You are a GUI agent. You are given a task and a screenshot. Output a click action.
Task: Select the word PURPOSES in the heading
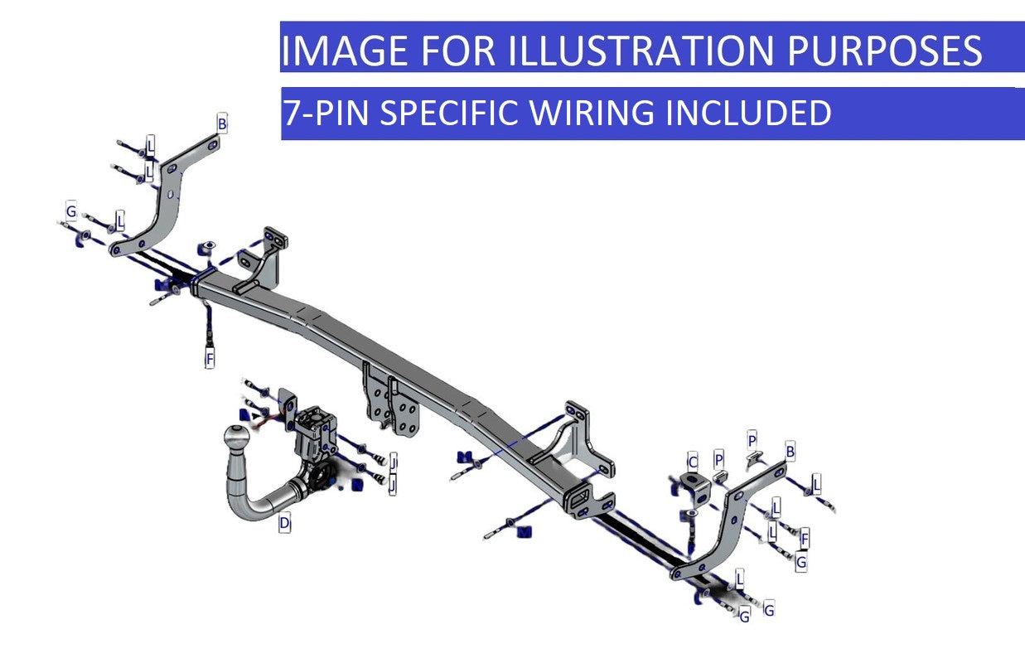pyautogui.click(x=884, y=51)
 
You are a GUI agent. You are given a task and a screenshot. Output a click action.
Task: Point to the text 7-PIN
pyautogui.click(x=325, y=113)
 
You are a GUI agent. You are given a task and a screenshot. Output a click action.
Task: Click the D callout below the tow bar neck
pyautogui.click(x=284, y=523)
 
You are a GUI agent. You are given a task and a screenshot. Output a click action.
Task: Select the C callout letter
pyautogui.click(x=693, y=462)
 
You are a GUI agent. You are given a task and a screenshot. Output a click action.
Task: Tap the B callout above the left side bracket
pyautogui.click(x=222, y=123)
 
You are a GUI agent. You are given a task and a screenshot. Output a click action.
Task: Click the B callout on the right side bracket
pyautogui.click(x=791, y=452)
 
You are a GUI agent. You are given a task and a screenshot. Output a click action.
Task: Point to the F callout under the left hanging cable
pyautogui.click(x=210, y=359)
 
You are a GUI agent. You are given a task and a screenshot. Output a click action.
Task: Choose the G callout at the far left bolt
pyautogui.click(x=71, y=212)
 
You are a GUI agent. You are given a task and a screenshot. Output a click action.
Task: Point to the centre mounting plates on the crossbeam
pyautogui.click(x=394, y=403)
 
